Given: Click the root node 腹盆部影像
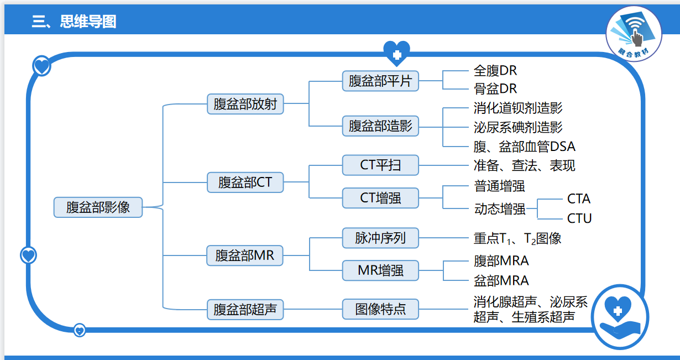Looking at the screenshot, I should (x=98, y=207).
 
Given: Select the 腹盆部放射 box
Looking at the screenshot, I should (x=245, y=103).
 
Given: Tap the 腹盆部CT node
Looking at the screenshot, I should (x=245, y=182).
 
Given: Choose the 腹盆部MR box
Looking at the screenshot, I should (x=245, y=256).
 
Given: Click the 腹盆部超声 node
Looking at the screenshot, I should (x=245, y=309).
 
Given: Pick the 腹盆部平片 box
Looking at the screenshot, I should (x=380, y=81).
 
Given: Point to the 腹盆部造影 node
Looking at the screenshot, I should (x=380, y=126).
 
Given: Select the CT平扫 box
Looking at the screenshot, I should (x=380, y=165).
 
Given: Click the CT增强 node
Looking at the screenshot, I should (x=380, y=197).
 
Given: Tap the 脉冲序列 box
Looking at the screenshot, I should (x=380, y=238).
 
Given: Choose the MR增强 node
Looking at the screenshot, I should (x=380, y=270).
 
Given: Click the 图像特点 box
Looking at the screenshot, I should (x=380, y=309).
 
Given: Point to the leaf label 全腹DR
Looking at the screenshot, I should (x=495, y=71).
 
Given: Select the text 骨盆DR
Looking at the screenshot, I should (x=495, y=88).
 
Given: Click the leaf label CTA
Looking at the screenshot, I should (x=579, y=199).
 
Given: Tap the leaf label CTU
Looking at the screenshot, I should (x=579, y=218).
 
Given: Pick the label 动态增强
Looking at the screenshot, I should (x=500, y=209).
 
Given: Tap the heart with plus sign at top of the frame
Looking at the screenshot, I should (x=396, y=53).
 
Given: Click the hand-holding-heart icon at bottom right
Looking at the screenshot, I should (x=619, y=317).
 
